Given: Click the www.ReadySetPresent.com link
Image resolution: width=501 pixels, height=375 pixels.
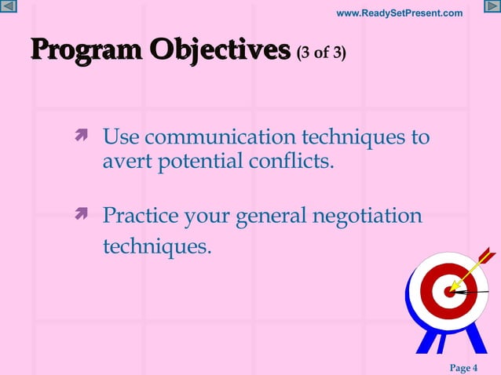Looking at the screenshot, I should (399, 13).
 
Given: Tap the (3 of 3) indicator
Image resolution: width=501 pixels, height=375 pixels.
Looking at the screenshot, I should (321, 53).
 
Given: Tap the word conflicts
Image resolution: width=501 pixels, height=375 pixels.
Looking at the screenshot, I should (294, 163).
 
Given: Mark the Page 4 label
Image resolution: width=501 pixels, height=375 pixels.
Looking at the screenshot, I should (463, 368).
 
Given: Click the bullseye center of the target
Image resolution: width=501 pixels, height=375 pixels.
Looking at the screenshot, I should (450, 292).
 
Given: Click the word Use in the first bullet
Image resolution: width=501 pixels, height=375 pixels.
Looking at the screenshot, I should (121, 138).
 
